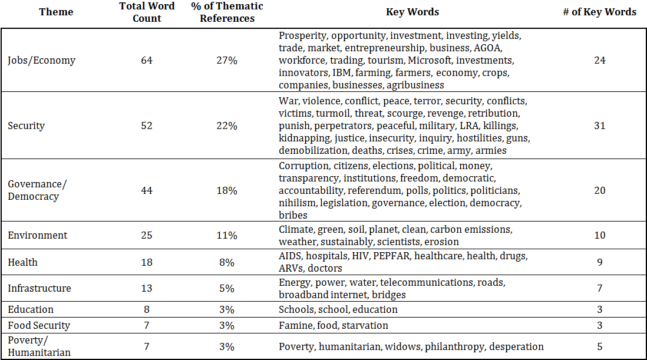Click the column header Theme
pos(56,12)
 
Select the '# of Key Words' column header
pos(599,12)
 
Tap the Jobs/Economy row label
pos(42,61)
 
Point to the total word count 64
pos(147,60)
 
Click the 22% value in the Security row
pos(227,125)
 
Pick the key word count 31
pos(599,125)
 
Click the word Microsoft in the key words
pos(430,60)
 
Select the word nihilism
pos(297,203)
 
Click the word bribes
pos(293,215)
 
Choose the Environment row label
pos(38,236)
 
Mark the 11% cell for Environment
pos(227,236)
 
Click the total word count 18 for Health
pos(147,262)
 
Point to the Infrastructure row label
pos(39,288)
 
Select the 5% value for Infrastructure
pos(227,288)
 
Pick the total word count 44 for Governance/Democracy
pos(147,190)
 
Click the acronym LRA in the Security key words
pos(468,125)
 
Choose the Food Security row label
pos(39,326)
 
